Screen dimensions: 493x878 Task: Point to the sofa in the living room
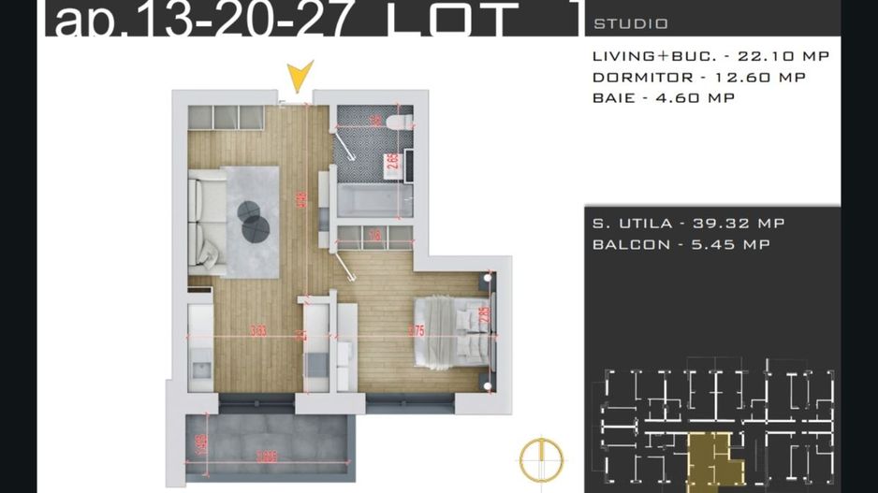(x=205, y=225)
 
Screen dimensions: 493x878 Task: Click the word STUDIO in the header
(x=631, y=23)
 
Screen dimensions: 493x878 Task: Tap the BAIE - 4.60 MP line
(x=663, y=98)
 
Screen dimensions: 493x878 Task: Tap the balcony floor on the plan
(x=271, y=440)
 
